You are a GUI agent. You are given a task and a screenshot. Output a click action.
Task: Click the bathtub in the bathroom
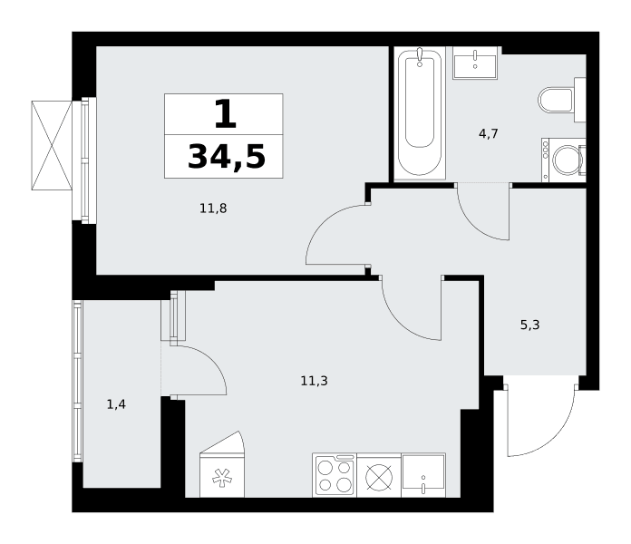(420, 113)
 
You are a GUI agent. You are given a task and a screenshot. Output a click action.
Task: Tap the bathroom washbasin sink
(475, 63)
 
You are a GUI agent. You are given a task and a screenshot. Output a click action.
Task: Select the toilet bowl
(562, 100)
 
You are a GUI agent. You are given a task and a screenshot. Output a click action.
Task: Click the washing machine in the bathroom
(563, 160)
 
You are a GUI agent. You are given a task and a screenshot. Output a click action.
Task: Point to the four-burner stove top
(335, 475)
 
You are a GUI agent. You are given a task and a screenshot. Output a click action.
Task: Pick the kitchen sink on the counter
(423, 475)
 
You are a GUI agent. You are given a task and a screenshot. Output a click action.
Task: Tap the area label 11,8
(213, 209)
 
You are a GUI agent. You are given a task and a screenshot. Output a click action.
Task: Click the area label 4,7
(489, 133)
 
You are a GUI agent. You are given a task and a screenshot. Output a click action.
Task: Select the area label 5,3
(530, 325)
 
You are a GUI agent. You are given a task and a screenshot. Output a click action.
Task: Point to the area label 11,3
(315, 381)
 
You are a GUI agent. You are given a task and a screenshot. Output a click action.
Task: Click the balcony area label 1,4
(116, 404)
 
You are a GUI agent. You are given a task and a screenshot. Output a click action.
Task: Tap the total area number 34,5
(227, 157)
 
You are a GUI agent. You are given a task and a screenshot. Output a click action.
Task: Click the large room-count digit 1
(225, 114)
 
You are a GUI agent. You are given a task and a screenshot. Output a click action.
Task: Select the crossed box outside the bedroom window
(52, 145)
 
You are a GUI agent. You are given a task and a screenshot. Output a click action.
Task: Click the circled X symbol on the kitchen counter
(379, 477)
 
